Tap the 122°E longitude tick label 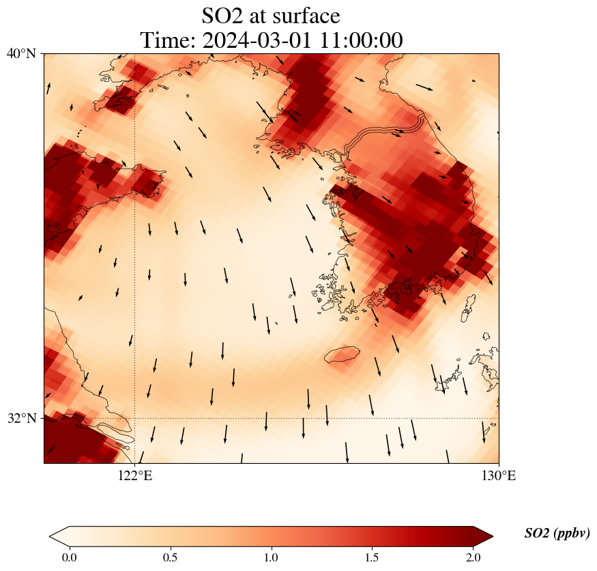coord(135,476)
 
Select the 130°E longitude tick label coord(499,476)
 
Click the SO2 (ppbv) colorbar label coord(557,533)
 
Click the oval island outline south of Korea coord(342,354)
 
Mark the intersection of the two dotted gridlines coord(135,418)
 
